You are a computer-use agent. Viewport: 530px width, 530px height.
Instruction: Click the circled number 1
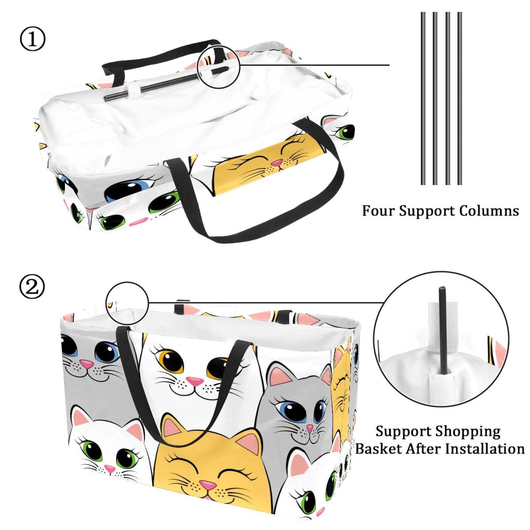click(32, 39)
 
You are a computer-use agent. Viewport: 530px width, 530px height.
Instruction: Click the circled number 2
click(32, 287)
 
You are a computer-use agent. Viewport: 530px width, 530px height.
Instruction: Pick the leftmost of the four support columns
click(423, 98)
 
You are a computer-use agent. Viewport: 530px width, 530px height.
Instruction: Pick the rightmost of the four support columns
click(459, 98)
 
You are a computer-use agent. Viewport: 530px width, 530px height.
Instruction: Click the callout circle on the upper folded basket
click(218, 67)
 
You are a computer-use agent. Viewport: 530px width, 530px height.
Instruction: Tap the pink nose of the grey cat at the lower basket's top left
click(87, 364)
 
